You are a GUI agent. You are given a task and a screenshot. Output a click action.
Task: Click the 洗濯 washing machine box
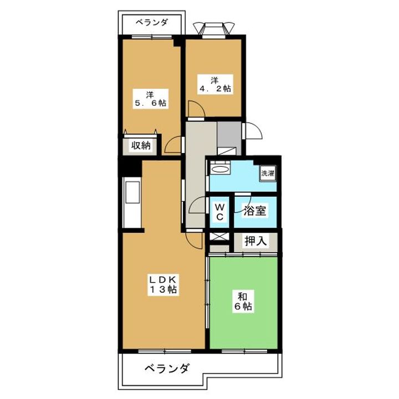tap(268, 173)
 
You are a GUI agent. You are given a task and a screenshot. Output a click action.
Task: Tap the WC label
tap(219, 212)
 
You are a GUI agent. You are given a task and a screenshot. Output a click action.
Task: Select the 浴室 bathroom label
tap(255, 211)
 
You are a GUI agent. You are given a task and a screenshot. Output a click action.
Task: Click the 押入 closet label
tap(255, 241)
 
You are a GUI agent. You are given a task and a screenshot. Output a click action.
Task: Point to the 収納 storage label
tap(141, 145)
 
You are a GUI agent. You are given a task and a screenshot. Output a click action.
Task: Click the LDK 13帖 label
tap(163, 284)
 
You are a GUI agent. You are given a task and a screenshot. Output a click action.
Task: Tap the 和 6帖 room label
tap(243, 301)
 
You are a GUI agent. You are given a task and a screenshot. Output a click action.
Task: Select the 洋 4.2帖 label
tap(215, 84)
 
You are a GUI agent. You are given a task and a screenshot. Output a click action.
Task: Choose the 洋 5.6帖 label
tap(150, 99)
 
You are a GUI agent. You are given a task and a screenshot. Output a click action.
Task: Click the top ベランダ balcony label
tap(152, 22)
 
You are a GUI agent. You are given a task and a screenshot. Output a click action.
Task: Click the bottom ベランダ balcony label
tap(167, 368)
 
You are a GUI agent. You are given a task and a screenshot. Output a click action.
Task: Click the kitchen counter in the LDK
tap(132, 202)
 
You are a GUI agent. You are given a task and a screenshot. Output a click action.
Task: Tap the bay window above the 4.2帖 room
tap(214, 28)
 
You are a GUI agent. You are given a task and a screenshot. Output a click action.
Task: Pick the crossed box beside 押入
tap(219, 237)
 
